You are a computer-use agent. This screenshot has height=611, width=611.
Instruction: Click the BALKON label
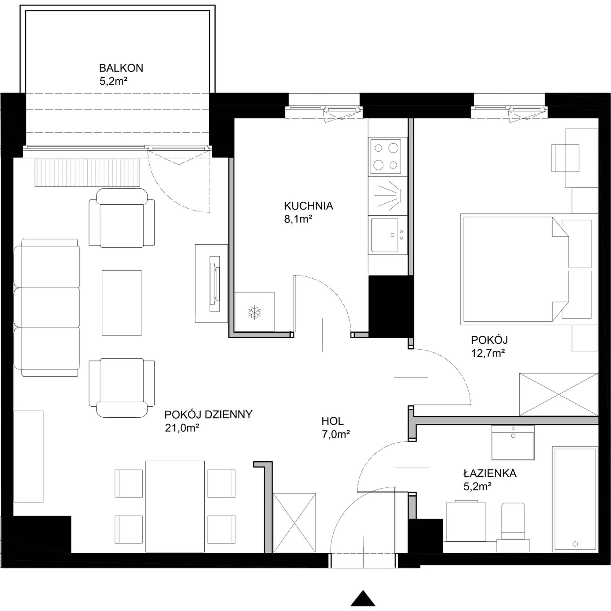pyautogui.click(x=121, y=68)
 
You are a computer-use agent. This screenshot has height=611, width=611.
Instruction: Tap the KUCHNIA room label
pyautogui.click(x=308, y=206)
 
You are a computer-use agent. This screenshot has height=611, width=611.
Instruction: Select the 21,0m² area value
pyautogui.click(x=182, y=428)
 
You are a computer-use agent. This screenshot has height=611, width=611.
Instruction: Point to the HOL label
pyautogui.click(x=332, y=421)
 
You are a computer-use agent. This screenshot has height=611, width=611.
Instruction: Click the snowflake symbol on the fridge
pyautogui.click(x=254, y=313)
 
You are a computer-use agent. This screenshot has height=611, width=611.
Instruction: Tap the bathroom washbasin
pyautogui.click(x=513, y=443)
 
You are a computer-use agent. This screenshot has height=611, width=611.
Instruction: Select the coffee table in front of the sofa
pyautogui.click(x=122, y=303)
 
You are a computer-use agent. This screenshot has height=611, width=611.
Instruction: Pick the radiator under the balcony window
pyautogui.click(x=87, y=172)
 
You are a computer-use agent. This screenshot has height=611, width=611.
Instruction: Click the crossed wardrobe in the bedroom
pyautogui.click(x=558, y=394)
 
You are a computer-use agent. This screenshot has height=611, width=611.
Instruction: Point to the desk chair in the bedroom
pyautogui.click(x=565, y=158)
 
